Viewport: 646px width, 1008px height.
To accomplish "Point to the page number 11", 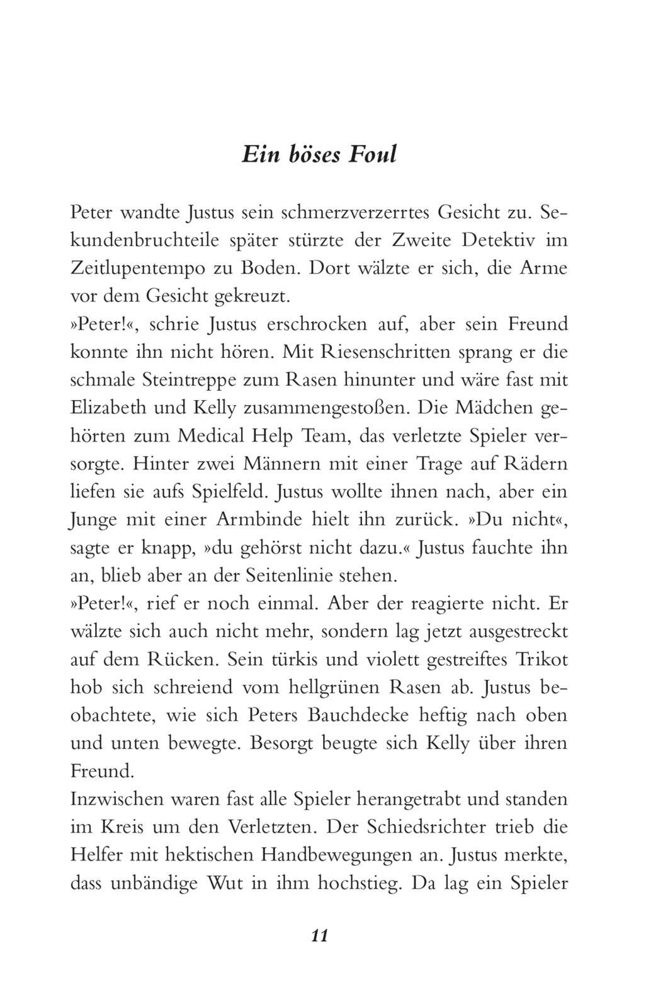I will pos(319,936).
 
